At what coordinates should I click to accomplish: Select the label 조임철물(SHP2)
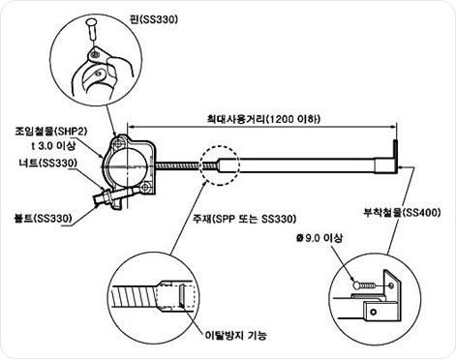[x=51, y=132]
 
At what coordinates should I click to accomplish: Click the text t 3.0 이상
[x=53, y=145]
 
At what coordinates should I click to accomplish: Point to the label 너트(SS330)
[x=48, y=164]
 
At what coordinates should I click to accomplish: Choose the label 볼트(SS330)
[x=43, y=219]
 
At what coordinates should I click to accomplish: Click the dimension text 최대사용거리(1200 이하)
[x=263, y=119]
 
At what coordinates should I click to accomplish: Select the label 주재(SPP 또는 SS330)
[x=244, y=219]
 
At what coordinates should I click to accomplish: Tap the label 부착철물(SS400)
[x=402, y=213]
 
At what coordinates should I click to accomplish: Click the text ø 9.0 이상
[x=319, y=238]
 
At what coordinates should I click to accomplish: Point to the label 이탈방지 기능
[x=236, y=336]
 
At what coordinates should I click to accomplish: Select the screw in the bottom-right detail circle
[x=365, y=285]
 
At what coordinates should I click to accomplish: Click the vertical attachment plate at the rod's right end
[x=395, y=157]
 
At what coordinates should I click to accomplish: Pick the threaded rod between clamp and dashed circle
[x=177, y=165]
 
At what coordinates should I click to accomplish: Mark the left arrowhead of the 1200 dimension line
[x=131, y=127]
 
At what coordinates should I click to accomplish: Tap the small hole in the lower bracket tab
[x=374, y=312]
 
